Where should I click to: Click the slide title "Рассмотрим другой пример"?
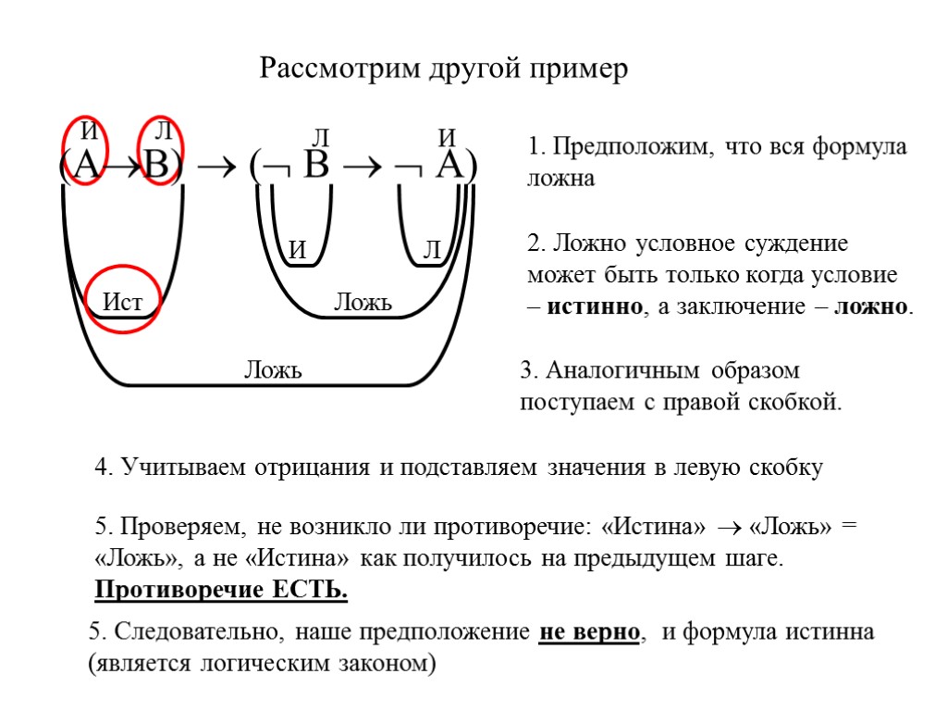point(443,69)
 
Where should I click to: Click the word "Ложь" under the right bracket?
point(363,302)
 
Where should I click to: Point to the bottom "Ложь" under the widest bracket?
point(273,371)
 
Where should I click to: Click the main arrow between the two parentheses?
point(218,168)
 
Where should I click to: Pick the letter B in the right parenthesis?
point(316,167)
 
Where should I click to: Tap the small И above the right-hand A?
point(447,138)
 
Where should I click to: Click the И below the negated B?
point(298,249)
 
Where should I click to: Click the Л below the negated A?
point(432,249)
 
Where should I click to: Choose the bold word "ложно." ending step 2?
point(874,307)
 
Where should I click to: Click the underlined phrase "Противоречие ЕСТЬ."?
point(222,590)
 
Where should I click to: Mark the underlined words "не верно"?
point(589,633)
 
